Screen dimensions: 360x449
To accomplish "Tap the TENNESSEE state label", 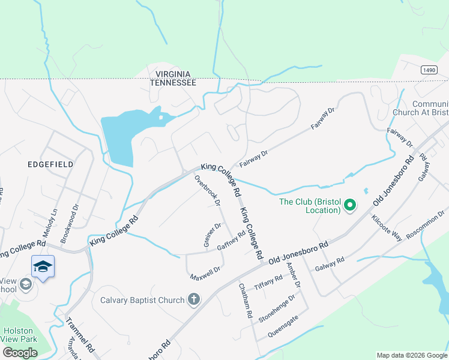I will tap(173, 83).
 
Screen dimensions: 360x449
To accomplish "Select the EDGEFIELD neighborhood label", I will tap(50, 164).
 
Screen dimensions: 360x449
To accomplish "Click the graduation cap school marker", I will tap(43, 266).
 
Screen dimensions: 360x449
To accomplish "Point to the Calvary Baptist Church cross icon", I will tap(193, 299).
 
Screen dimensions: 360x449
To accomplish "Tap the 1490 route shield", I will tap(429, 70).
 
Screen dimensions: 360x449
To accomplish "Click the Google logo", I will tap(20, 353).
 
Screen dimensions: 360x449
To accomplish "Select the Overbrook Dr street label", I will tap(208, 191).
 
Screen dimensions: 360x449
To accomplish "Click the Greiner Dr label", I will tap(212, 235).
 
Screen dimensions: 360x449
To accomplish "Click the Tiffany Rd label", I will tap(268, 280).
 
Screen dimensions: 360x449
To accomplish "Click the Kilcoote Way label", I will tap(387, 227).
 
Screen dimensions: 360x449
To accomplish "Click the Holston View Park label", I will tap(20, 334).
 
